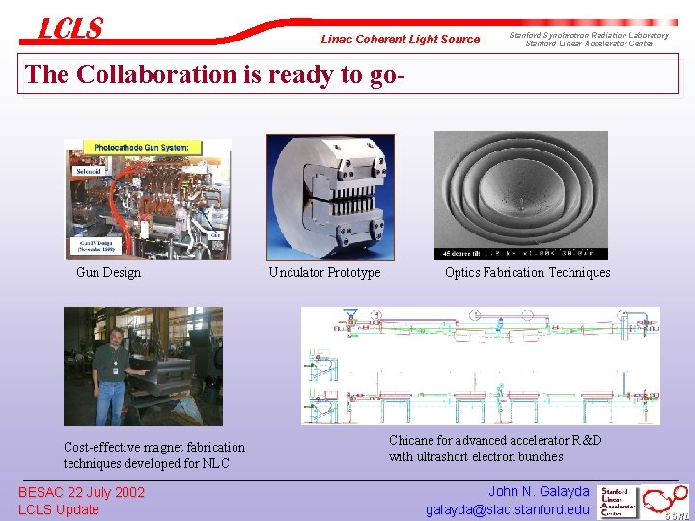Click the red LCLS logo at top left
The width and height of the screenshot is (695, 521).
point(69,29)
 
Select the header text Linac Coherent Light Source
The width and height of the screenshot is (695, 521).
point(400,40)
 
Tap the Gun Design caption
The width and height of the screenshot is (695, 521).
point(108,272)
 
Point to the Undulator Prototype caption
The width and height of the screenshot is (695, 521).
point(324,272)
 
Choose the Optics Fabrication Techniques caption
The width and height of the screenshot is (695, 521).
point(527,272)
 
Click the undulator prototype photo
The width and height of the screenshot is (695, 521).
point(330,197)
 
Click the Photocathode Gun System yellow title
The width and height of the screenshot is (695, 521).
point(141,148)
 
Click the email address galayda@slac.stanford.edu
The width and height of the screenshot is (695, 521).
point(507,509)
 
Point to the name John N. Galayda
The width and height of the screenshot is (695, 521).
point(539,492)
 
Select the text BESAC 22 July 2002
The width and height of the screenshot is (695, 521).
point(82,492)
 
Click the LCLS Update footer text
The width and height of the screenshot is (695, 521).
point(59,509)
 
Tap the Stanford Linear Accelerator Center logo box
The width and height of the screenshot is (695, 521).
point(619,501)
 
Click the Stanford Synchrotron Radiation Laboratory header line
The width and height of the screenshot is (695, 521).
point(589,35)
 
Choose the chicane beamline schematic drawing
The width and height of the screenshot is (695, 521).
point(481,366)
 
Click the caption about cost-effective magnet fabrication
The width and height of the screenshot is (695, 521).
point(154,454)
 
